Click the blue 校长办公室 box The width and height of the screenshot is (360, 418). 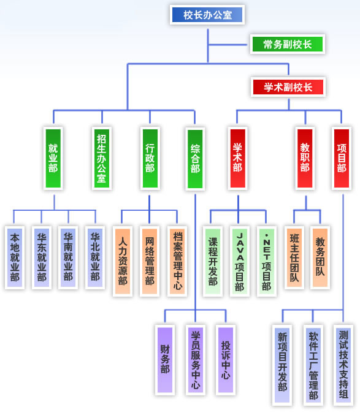[x=207, y=15]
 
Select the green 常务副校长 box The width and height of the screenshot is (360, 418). [x=288, y=44]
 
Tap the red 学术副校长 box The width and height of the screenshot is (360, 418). [x=288, y=87]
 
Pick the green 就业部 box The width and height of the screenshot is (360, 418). [x=53, y=158]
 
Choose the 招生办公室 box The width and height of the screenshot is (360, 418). [x=102, y=158]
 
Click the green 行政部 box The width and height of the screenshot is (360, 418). [x=150, y=158]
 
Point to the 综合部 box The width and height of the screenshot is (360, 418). [x=195, y=159]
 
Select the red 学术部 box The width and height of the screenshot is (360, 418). [x=237, y=158]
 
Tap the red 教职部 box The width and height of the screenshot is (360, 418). [x=305, y=158]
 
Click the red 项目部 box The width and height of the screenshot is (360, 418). [x=342, y=158]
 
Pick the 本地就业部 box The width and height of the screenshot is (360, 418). [x=15, y=258]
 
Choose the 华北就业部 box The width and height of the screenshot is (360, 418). [x=95, y=258]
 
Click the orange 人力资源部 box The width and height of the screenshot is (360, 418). [x=123, y=262]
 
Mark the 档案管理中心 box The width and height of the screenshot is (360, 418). [x=177, y=262]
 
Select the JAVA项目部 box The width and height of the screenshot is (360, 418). [x=239, y=262]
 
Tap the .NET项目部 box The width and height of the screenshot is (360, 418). [x=266, y=262]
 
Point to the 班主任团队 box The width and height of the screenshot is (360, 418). [x=294, y=258]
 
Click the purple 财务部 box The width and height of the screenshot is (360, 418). [x=165, y=360]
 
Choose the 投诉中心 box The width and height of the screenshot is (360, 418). [x=226, y=360]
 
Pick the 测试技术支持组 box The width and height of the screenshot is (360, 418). [x=343, y=365]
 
